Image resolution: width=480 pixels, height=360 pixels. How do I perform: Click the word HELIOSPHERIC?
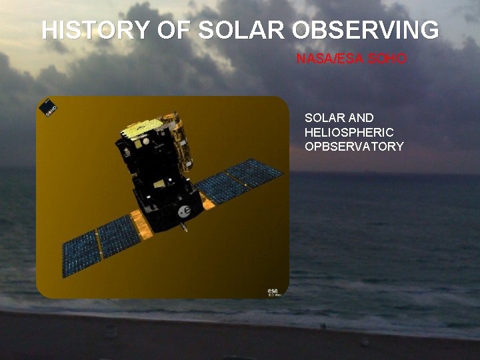tap(349, 132)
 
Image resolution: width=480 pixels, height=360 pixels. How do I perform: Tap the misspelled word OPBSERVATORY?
tap(354, 146)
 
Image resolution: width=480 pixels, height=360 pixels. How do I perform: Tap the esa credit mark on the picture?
tap(274, 291)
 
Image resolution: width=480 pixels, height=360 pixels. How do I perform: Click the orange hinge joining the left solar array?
tap(141, 224)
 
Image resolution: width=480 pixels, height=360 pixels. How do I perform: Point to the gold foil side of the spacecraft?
tap(179, 140)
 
